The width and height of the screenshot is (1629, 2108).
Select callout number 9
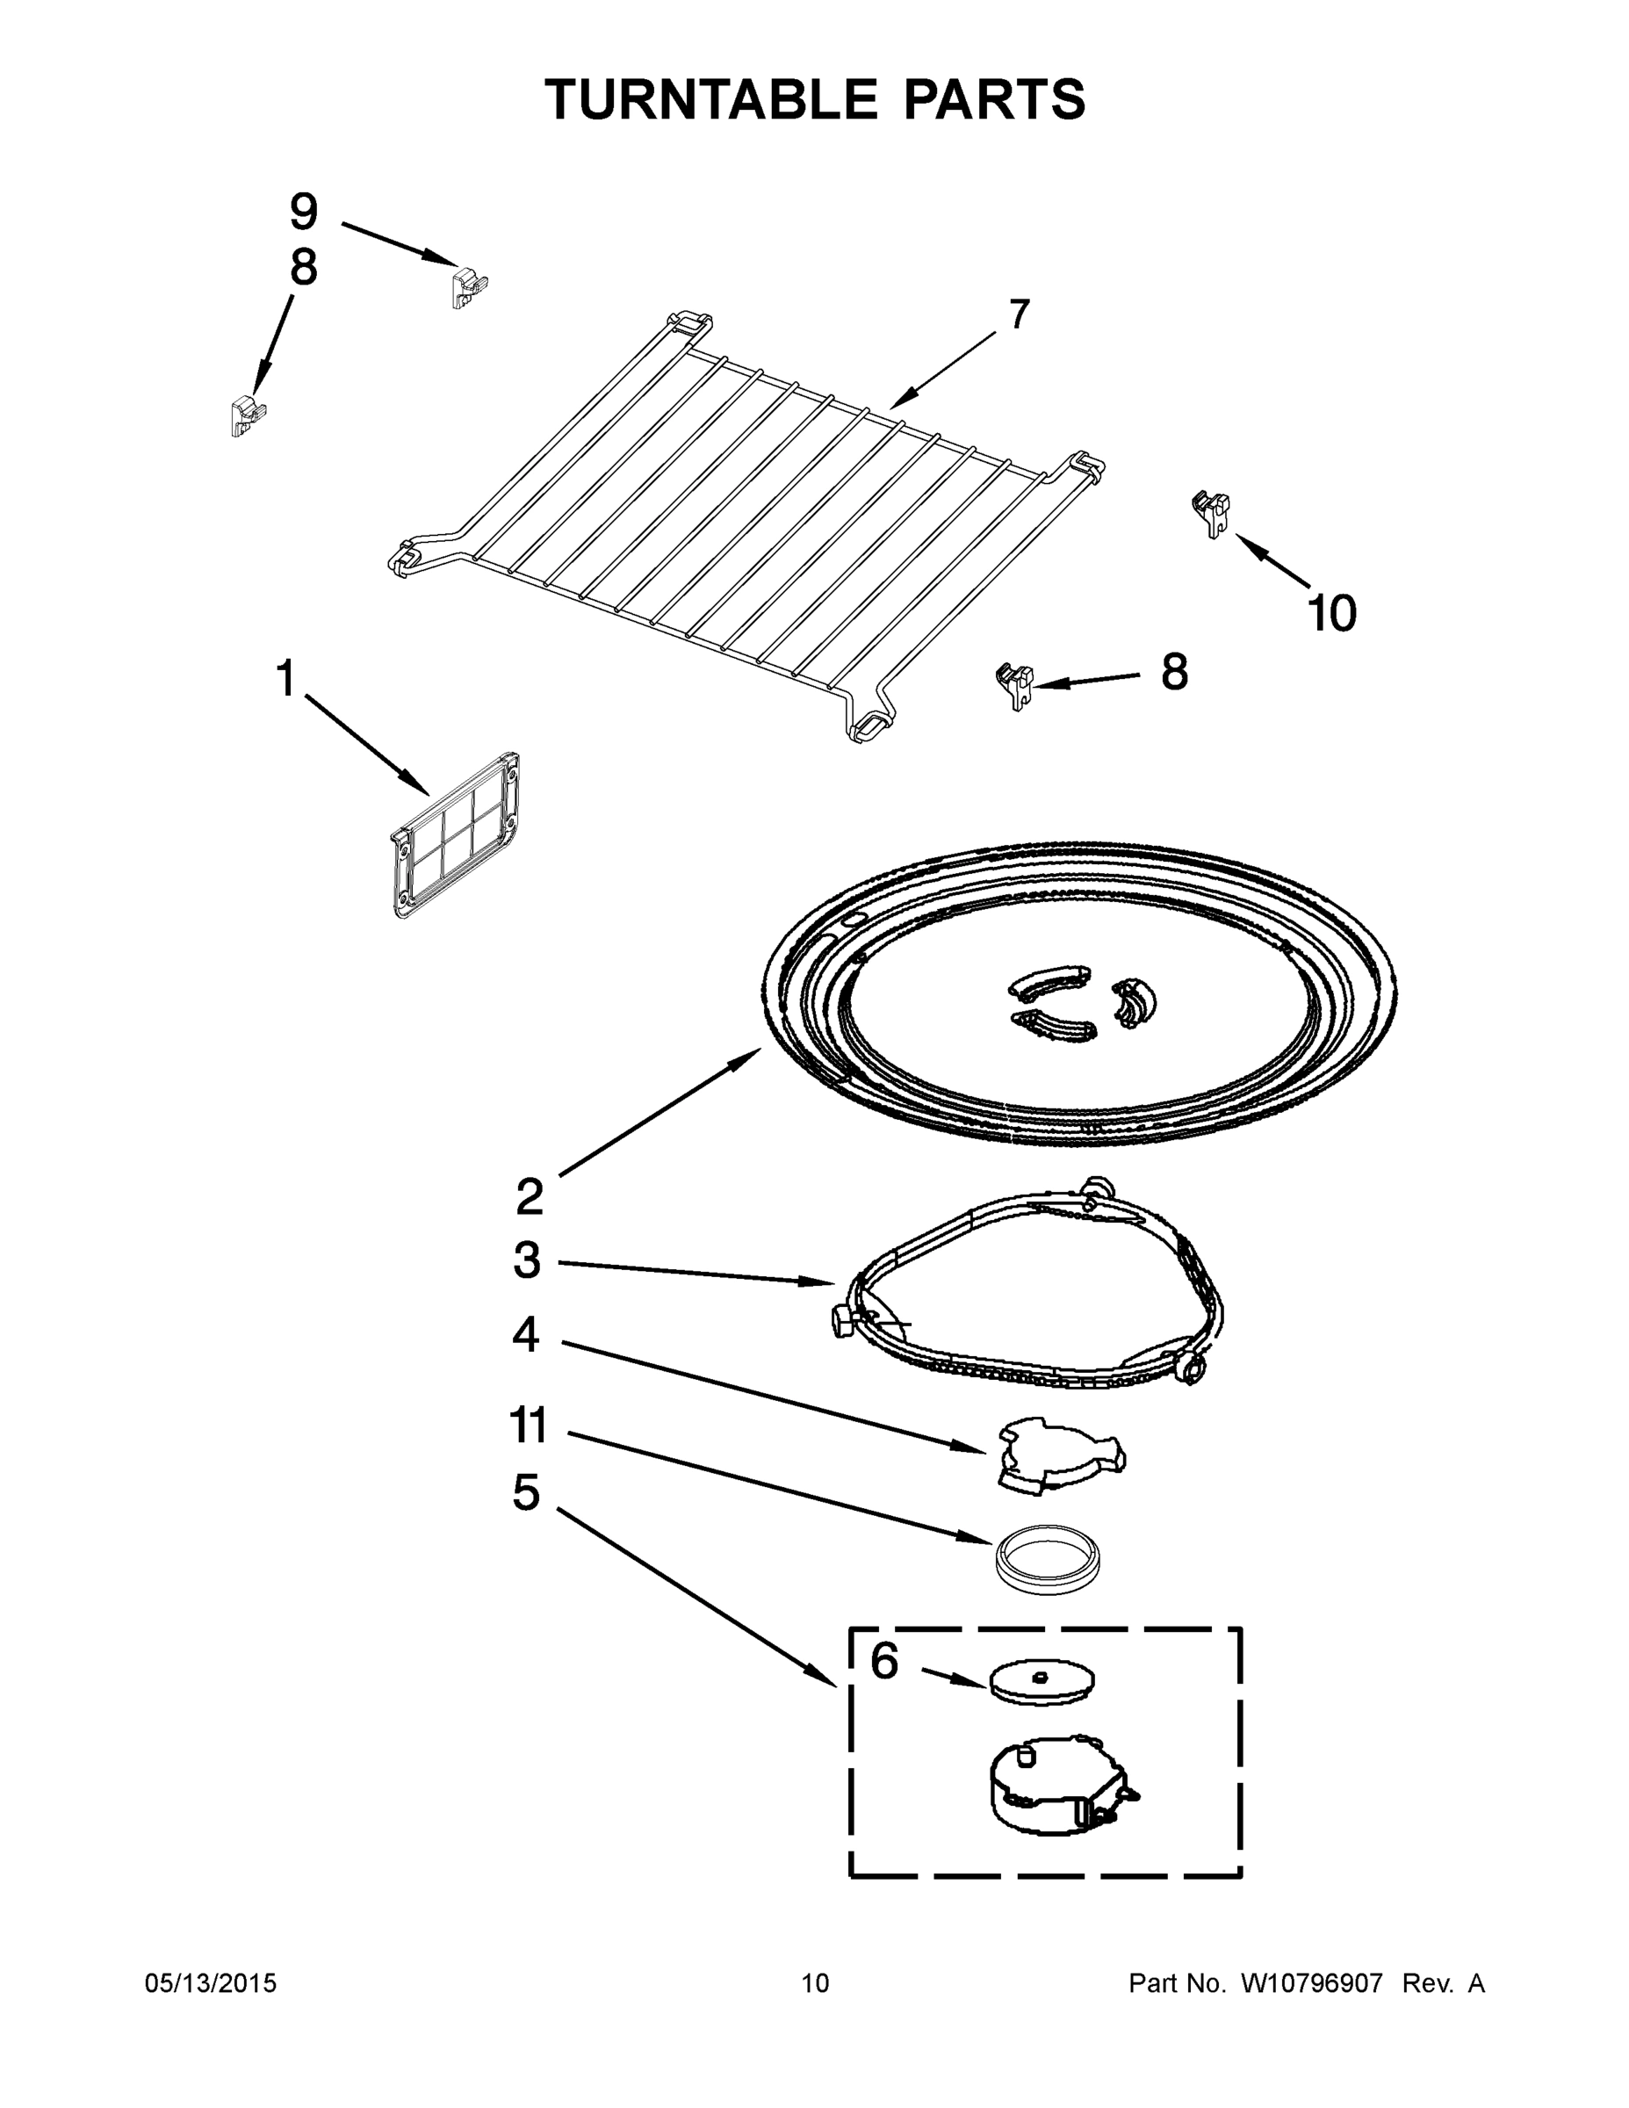(x=303, y=212)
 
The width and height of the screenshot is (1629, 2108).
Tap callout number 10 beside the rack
(x=1332, y=613)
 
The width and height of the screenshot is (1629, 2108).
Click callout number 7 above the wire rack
(x=1019, y=314)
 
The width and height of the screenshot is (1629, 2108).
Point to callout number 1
(x=285, y=679)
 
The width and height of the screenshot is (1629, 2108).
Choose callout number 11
(x=529, y=1426)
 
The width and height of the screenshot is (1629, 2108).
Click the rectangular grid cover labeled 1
(x=458, y=835)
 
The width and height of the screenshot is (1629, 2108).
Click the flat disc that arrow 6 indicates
(x=1042, y=1681)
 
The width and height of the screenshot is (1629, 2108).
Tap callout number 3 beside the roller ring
(x=527, y=1260)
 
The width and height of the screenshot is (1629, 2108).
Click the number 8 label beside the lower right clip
(x=1173, y=672)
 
